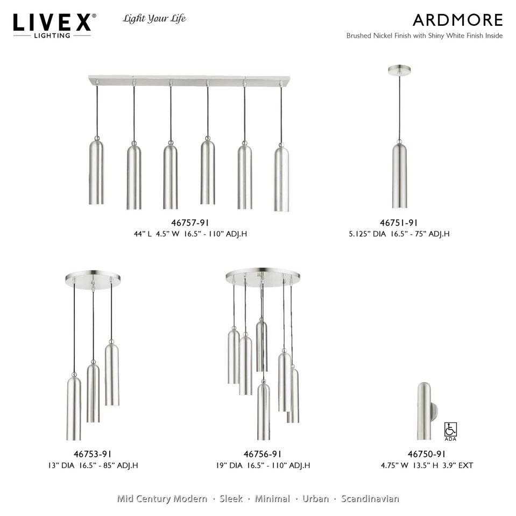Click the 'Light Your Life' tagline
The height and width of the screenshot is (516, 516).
(x=154, y=19)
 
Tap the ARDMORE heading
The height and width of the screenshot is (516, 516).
(x=457, y=20)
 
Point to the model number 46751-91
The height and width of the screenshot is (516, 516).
(x=399, y=223)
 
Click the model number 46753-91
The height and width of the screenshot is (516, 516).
(x=93, y=455)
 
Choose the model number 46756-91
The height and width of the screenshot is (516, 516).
(x=263, y=455)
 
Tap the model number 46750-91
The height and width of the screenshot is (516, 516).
(x=427, y=455)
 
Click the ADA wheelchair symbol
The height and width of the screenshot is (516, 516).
(x=450, y=429)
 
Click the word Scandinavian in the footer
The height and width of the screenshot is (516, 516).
(x=370, y=499)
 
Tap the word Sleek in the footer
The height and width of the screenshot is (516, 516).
(x=230, y=499)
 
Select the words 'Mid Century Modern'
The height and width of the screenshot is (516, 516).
(x=162, y=499)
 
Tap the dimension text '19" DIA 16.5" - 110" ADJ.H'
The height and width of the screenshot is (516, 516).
(x=262, y=465)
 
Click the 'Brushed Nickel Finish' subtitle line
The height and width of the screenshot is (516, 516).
(x=424, y=36)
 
